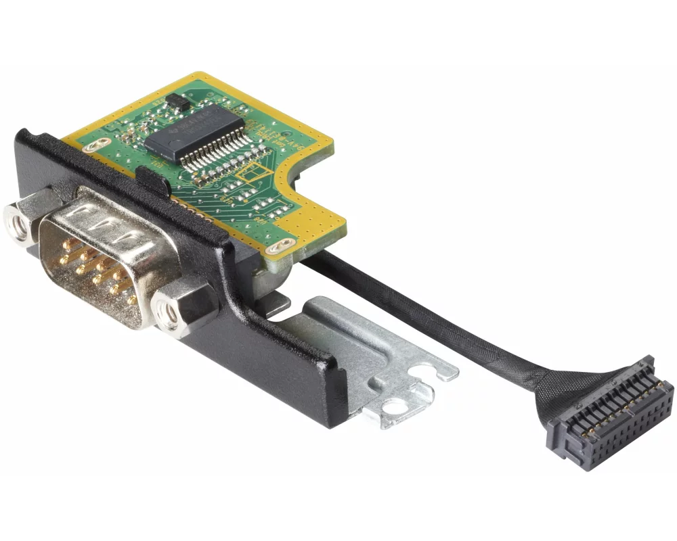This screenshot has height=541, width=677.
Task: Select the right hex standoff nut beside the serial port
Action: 167,312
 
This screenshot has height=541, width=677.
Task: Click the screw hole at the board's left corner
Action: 102,143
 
